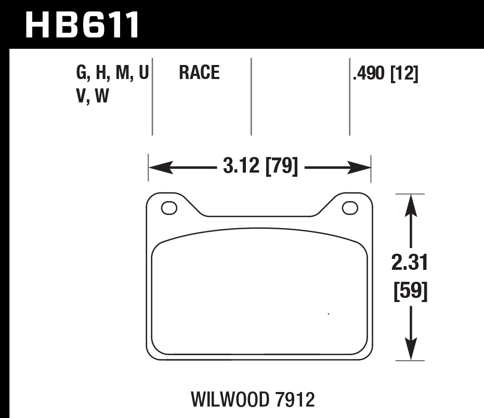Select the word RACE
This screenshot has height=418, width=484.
click(x=199, y=73)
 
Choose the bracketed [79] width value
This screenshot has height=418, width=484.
click(x=282, y=167)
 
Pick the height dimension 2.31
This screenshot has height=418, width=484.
click(x=410, y=264)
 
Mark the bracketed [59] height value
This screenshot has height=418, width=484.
click(x=410, y=292)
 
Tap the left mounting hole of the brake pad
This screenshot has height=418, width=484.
click(x=169, y=208)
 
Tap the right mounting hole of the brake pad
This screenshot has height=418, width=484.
click(x=350, y=208)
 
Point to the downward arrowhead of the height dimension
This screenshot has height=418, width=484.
click(x=411, y=349)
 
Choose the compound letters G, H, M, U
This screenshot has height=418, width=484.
click(x=112, y=73)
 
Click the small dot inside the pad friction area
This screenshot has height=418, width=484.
click(x=328, y=313)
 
